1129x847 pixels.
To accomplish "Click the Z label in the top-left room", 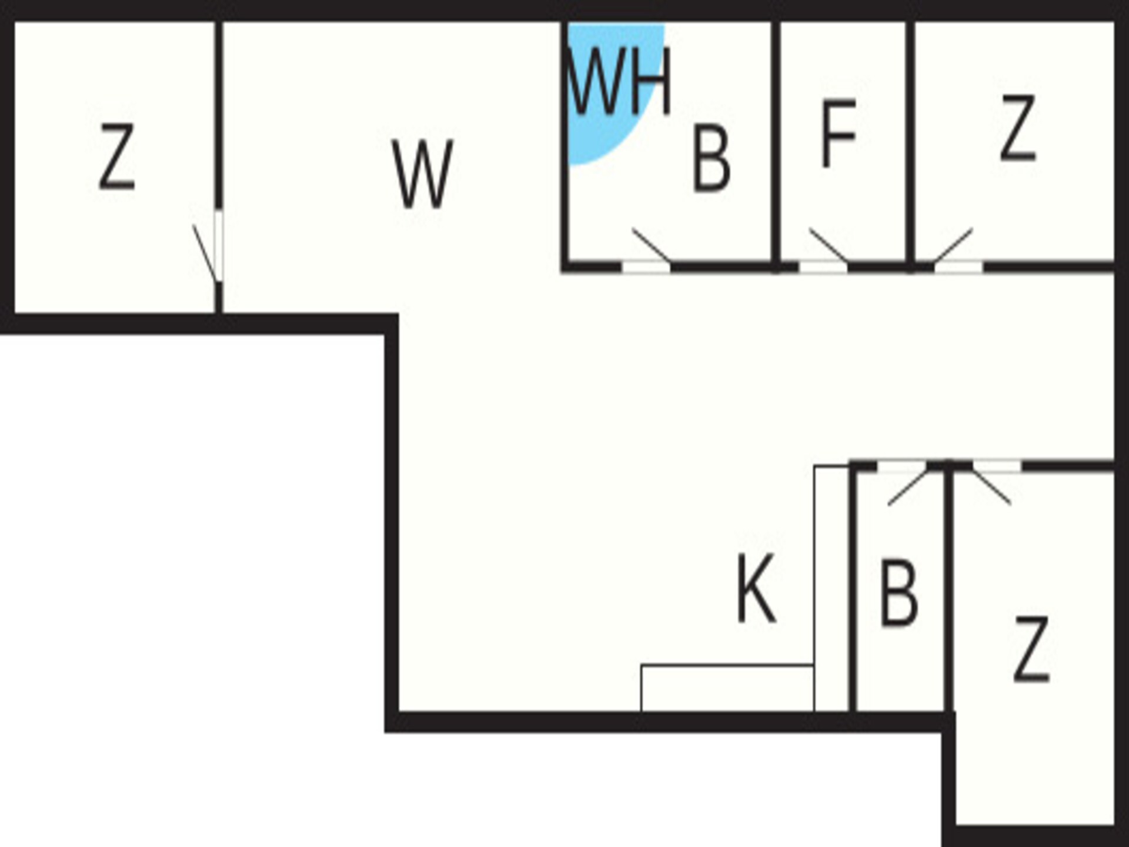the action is (117, 158).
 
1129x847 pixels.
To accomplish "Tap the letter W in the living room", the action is (422, 174).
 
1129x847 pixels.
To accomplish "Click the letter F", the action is (838, 134).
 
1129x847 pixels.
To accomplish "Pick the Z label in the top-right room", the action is (1018, 128).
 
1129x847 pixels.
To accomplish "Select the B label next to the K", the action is (898, 593).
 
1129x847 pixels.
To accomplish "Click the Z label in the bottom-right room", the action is (1031, 649).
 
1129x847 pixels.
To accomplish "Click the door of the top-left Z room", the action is (207, 253).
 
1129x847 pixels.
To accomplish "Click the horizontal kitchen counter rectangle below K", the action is (727, 688).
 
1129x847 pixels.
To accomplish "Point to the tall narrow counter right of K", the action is (831, 589).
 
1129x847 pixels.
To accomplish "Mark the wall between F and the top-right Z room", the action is (910, 144).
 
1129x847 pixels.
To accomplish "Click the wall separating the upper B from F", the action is (776, 144).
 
